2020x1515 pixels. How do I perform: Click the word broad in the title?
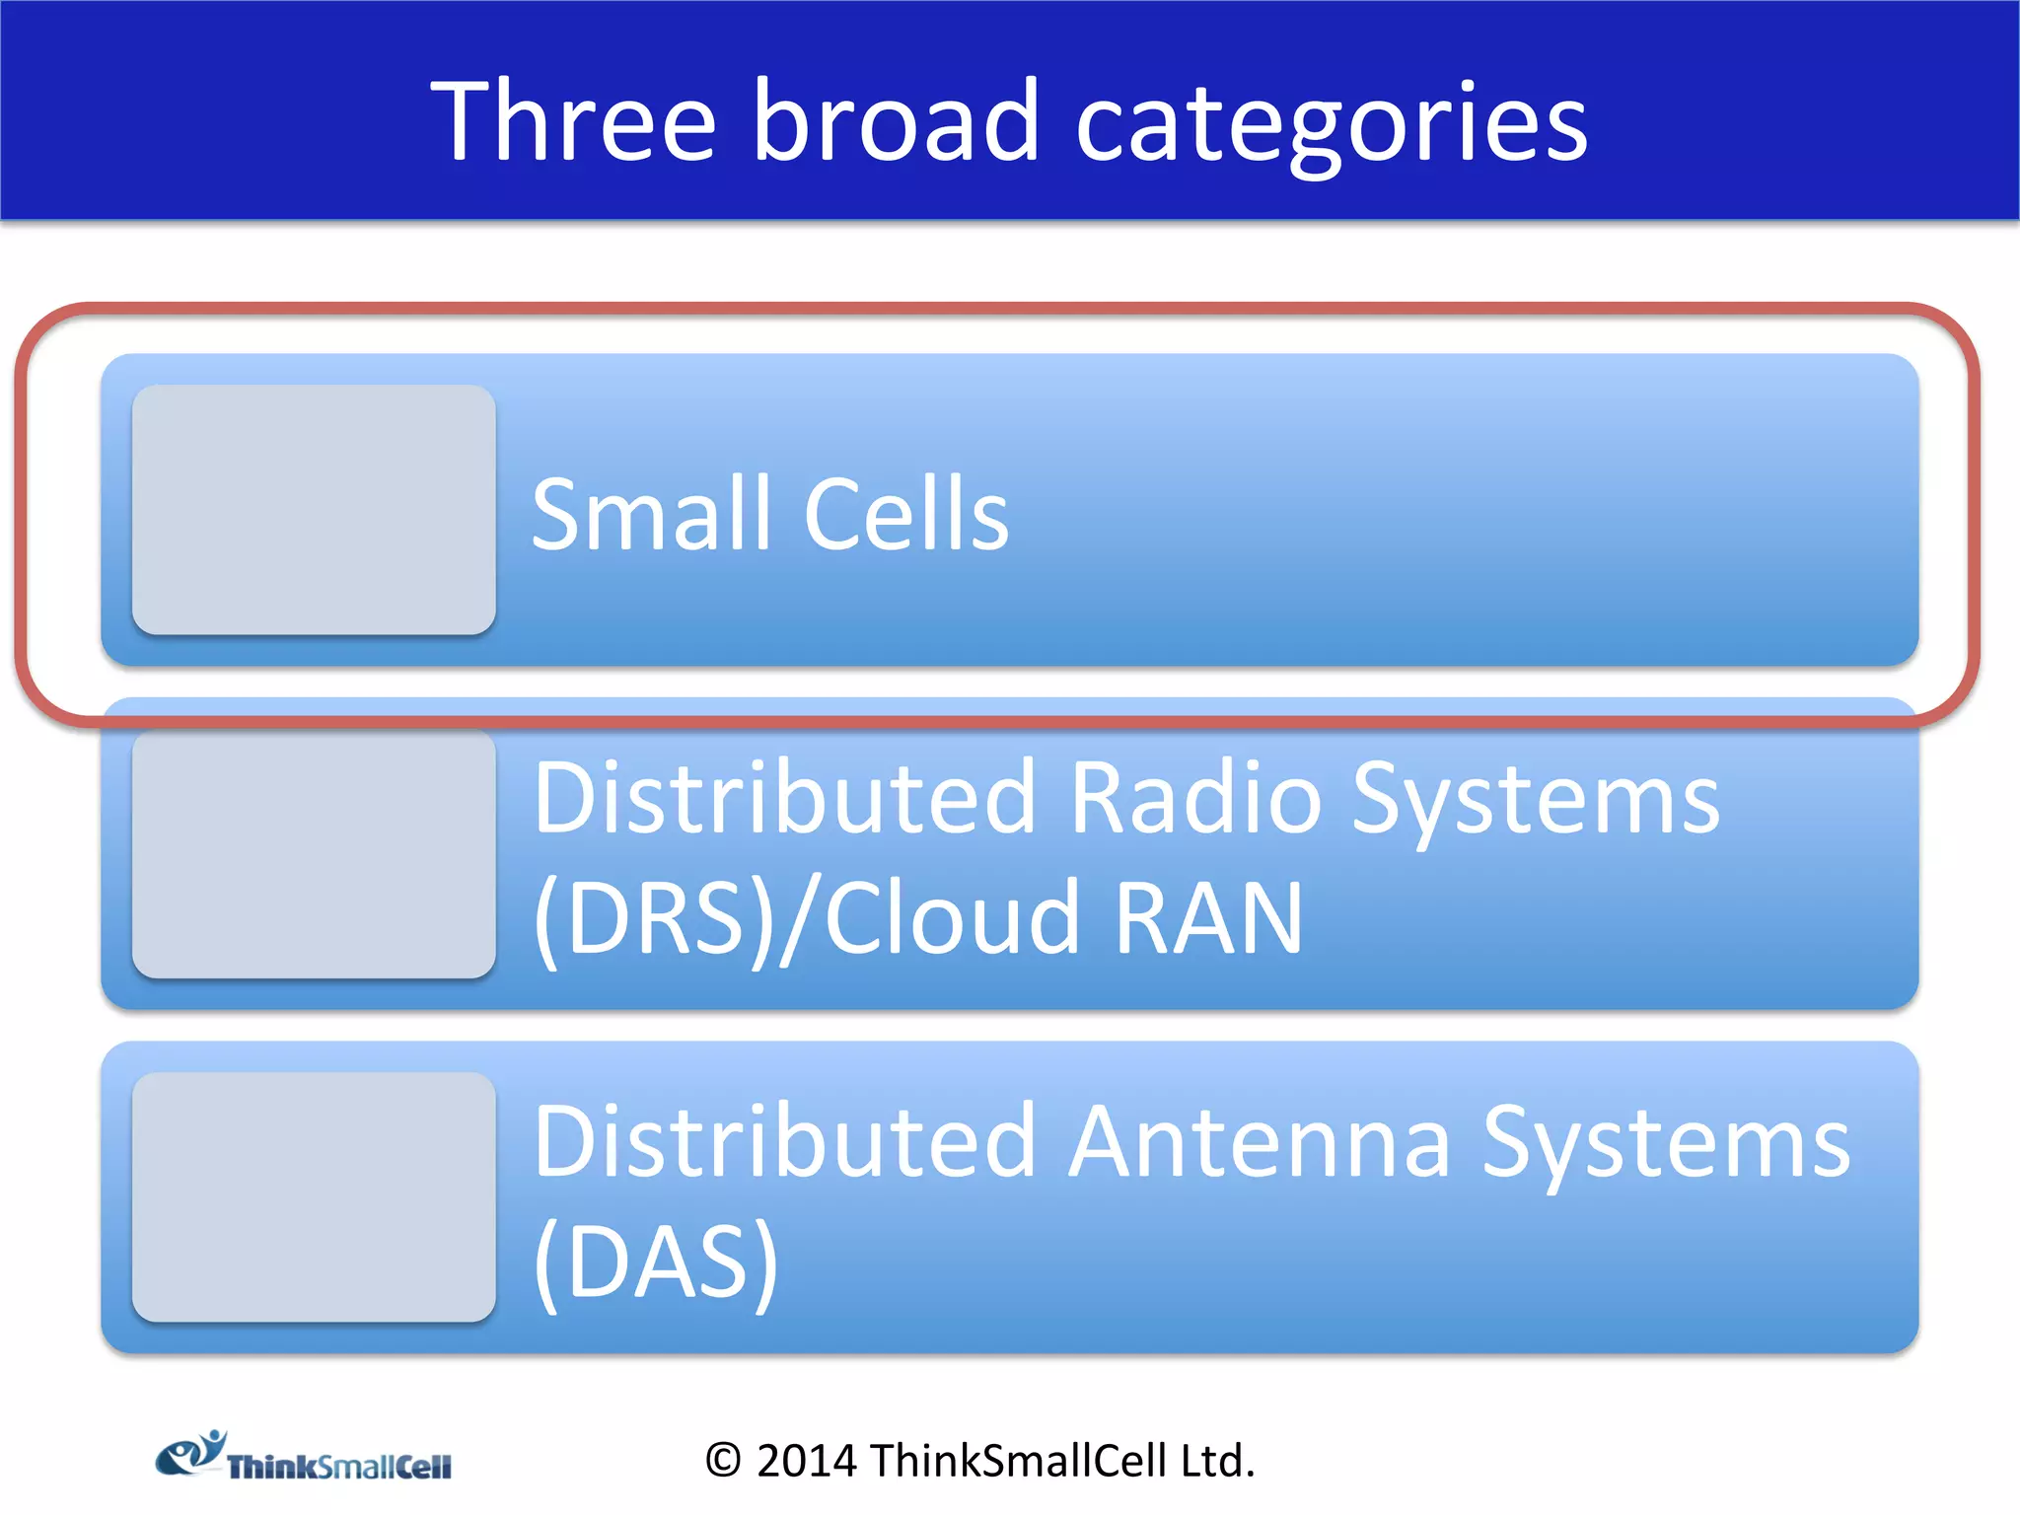click(896, 122)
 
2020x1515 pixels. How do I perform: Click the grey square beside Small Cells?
click(314, 510)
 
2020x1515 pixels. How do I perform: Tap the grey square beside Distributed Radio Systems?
click(314, 854)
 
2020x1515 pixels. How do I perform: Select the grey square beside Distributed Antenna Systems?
click(314, 1197)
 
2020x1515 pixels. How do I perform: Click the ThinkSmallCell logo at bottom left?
click(304, 1457)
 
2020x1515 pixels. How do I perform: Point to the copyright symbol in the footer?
click(722, 1461)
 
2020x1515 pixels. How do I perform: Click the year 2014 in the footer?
click(806, 1461)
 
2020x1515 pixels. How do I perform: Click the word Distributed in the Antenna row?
click(784, 1141)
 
